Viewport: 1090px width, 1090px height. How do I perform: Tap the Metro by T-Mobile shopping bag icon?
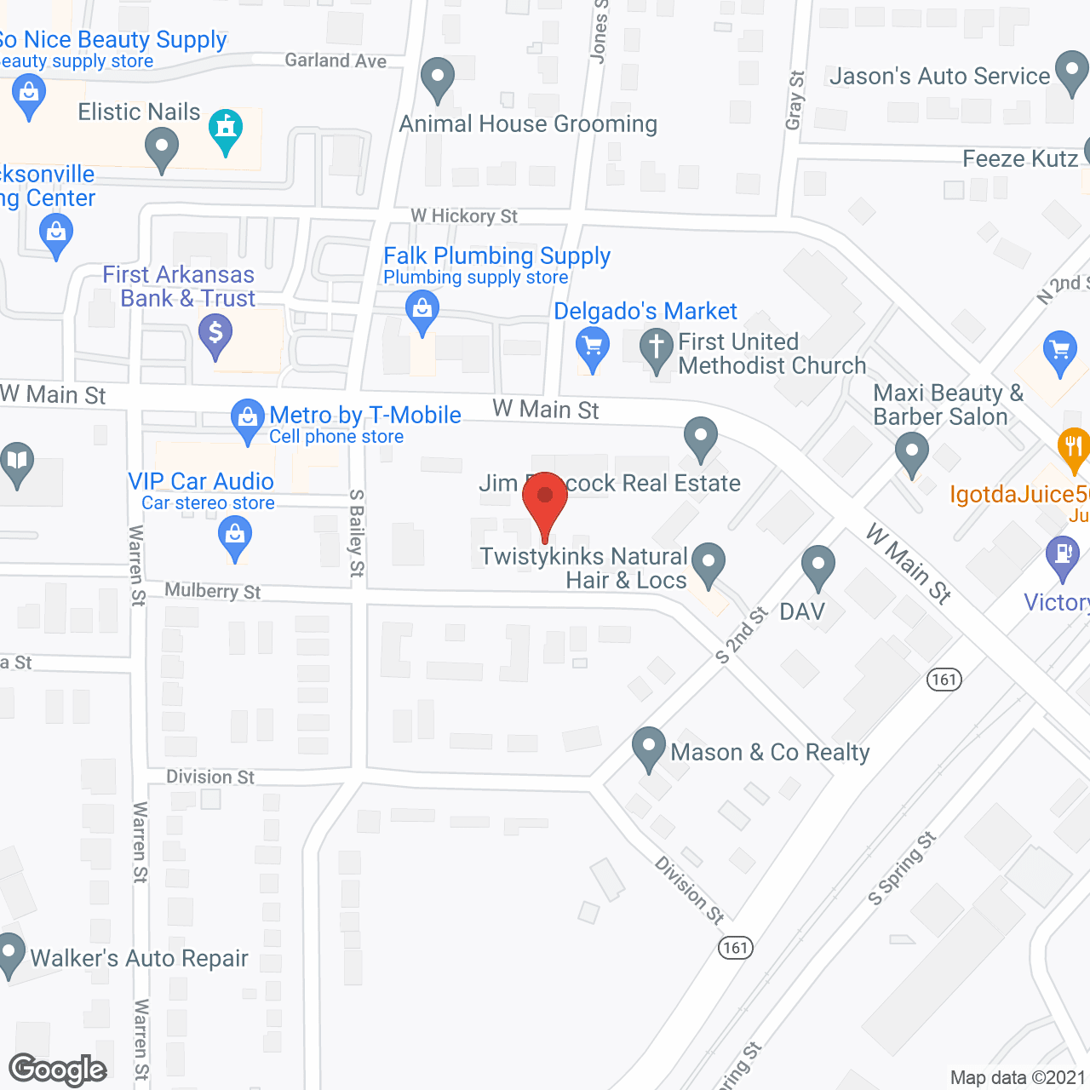pyautogui.click(x=248, y=419)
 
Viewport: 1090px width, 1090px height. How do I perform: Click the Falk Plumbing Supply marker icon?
pyautogui.click(x=422, y=311)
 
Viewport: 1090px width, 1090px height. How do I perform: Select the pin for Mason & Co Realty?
pyautogui.click(x=649, y=747)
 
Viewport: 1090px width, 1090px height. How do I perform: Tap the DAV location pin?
pyautogui.click(x=818, y=565)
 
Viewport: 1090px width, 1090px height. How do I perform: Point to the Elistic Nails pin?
pyautogui.click(x=161, y=147)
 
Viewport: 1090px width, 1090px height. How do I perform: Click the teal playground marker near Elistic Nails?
pyautogui.click(x=226, y=129)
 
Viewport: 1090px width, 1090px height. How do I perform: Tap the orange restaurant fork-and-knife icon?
pyautogui.click(x=1072, y=448)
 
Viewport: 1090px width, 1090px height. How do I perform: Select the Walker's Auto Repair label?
pyautogui.click(x=139, y=959)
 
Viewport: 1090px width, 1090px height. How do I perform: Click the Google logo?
pyautogui.click(x=58, y=1070)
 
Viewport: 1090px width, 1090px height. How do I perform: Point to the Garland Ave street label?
pyautogui.click(x=336, y=60)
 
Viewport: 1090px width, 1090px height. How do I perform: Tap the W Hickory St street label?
pyautogui.click(x=464, y=216)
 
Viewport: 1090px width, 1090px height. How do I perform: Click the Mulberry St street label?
pyautogui.click(x=213, y=591)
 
